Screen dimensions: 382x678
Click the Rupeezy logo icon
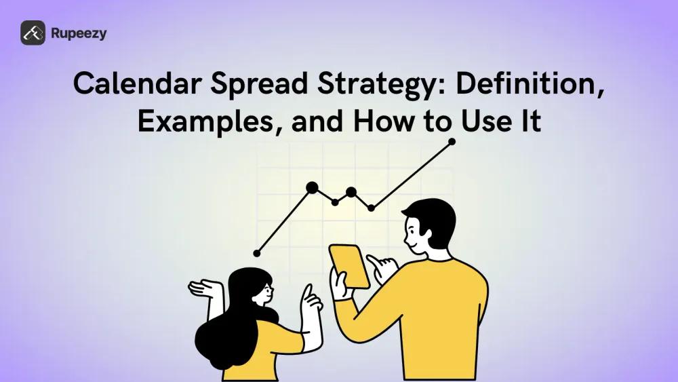[33, 33]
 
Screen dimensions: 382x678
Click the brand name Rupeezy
[78, 33]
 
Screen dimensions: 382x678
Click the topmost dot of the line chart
[452, 142]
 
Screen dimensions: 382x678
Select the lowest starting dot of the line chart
[256, 253]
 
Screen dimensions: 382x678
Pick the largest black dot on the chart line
[312, 187]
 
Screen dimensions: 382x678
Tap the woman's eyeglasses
[266, 290]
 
